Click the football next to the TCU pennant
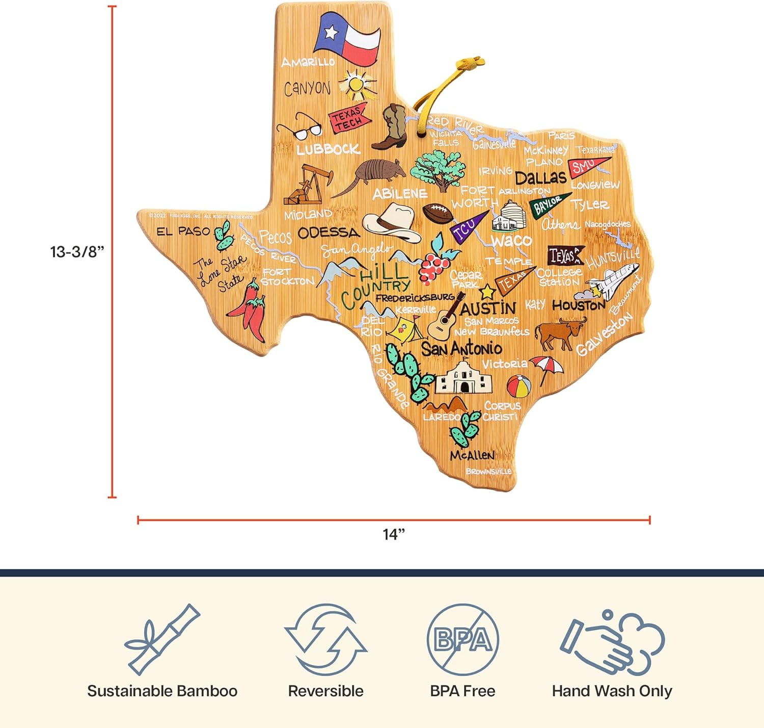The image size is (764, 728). pyautogui.click(x=436, y=213)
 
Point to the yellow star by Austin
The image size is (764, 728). pyautogui.click(x=487, y=292)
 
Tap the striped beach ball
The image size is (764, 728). pyautogui.click(x=519, y=386)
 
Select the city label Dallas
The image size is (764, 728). pyautogui.click(x=540, y=178)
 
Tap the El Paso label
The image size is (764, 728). pyautogui.click(x=183, y=231)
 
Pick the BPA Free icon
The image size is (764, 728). pyautogui.click(x=462, y=639)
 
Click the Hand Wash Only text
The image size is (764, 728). pyautogui.click(x=612, y=691)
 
